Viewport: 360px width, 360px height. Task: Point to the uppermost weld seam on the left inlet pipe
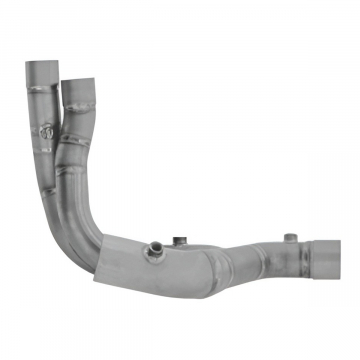(x=41, y=96)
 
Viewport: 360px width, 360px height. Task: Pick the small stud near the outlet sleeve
(x=289, y=238)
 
